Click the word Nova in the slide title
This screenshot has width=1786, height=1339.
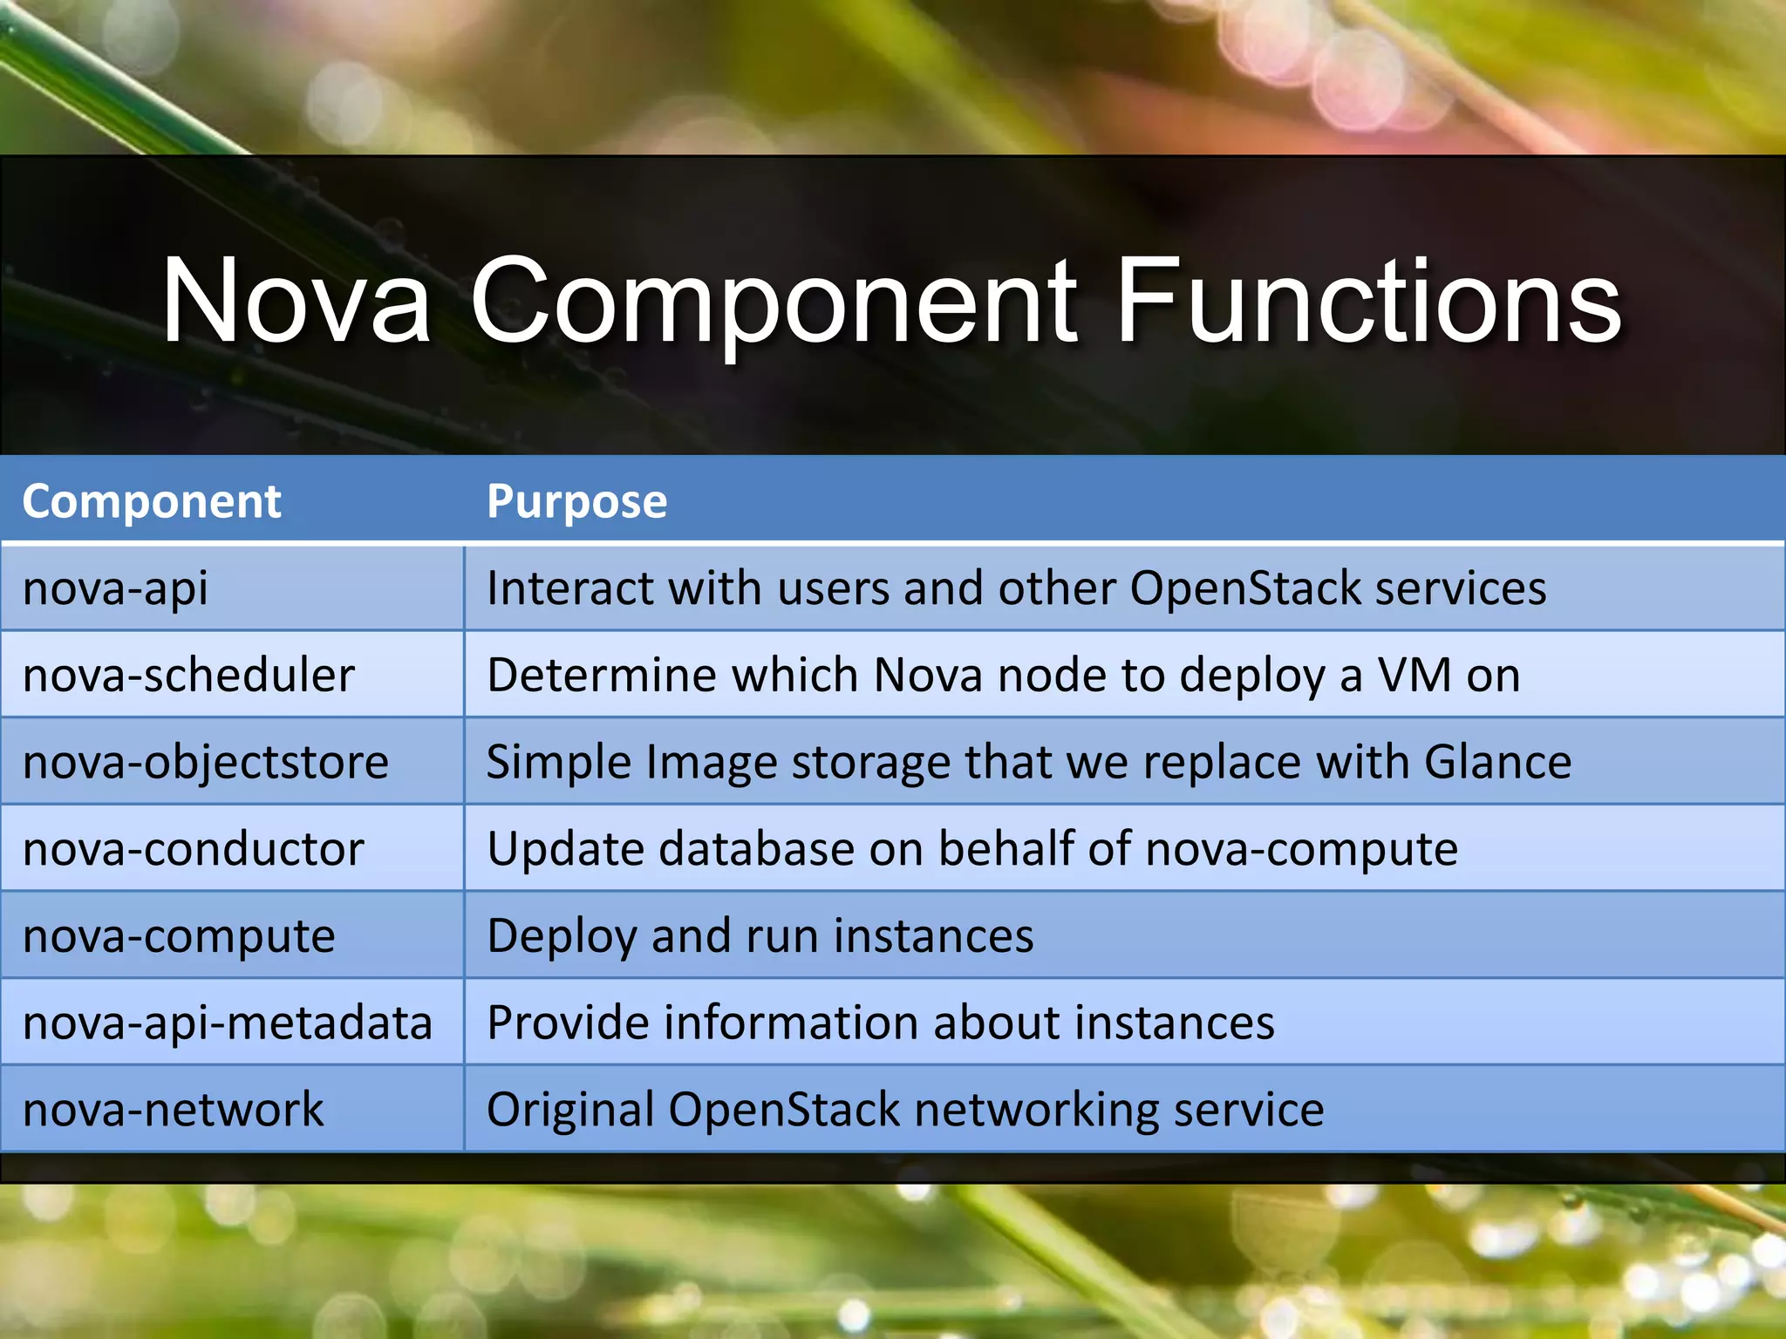(297, 301)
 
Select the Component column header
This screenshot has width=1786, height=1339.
(152, 502)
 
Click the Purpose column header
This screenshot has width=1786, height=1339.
(576, 502)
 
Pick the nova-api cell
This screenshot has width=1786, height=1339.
(115, 588)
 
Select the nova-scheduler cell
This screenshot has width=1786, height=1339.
(188, 676)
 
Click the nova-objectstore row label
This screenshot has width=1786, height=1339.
(206, 762)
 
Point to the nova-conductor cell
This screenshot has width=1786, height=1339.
(194, 849)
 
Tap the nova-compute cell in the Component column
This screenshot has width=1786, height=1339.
(179, 936)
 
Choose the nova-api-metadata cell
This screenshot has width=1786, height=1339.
(228, 1023)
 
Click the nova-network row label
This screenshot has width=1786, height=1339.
(173, 1110)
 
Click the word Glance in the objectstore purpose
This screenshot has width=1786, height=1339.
(1497, 762)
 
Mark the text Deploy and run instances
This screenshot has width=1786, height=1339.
(760, 936)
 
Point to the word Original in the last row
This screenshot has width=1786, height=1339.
(571, 1110)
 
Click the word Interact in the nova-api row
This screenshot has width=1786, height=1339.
(569, 588)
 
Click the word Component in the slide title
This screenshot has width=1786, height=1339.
(773, 301)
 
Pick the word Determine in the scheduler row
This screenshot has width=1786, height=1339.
(602, 676)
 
